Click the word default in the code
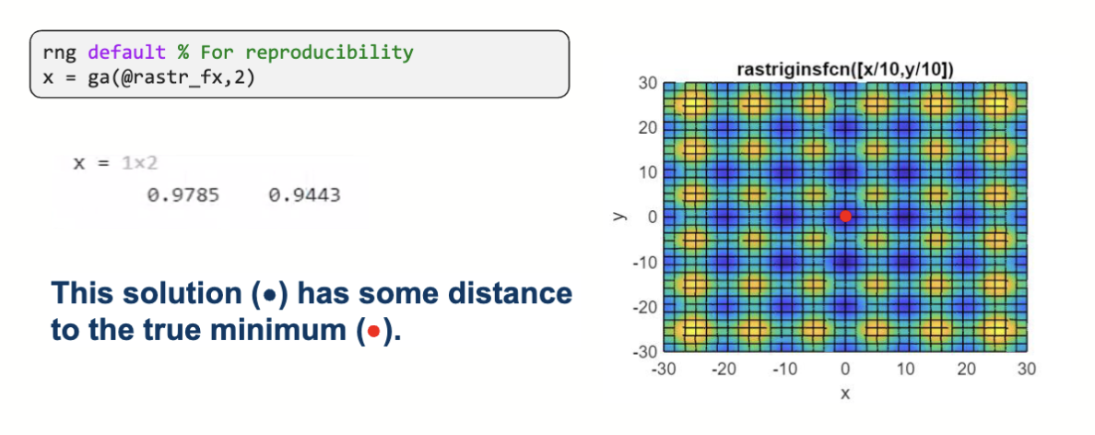127,53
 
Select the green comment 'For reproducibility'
306,53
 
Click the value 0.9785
183,195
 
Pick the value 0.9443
304,195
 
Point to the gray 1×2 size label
139,163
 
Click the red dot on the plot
845,216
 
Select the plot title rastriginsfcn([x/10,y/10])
845,70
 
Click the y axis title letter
618,217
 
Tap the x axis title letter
845,394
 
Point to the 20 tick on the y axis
647,127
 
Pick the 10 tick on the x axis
906,369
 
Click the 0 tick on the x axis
845,369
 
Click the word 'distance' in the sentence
509,294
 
